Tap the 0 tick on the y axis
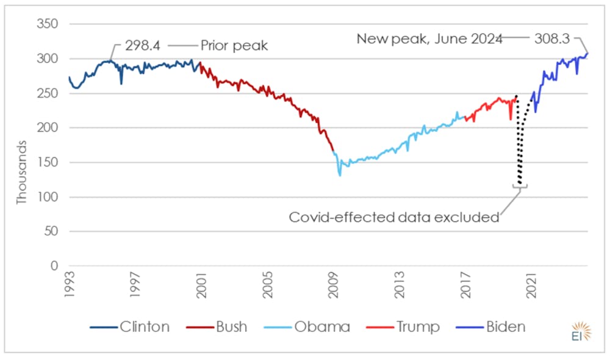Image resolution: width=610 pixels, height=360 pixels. [x=54, y=267]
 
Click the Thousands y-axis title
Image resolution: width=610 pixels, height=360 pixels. [x=22, y=173]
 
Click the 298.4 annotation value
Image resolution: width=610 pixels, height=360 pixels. [x=145, y=46]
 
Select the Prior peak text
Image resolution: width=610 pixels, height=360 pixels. [x=234, y=46]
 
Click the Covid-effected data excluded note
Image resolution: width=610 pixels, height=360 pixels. [x=394, y=217]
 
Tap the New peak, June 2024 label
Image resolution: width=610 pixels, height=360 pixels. [x=429, y=38]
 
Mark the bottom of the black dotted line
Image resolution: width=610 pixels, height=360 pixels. [x=520, y=182]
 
